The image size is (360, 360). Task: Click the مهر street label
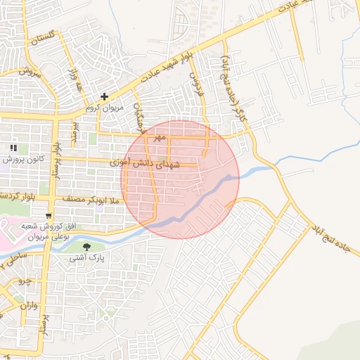160,137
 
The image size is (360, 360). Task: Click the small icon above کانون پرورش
13,148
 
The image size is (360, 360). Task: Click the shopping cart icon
48,215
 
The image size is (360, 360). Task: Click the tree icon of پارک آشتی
86,247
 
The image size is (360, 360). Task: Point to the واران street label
28,307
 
